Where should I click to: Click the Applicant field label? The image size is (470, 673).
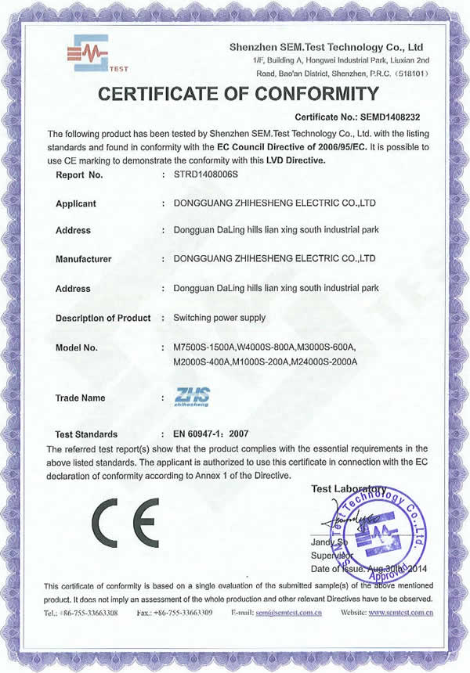pos(76,203)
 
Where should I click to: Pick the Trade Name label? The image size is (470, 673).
pos(80,398)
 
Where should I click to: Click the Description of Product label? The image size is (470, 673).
pos(103,319)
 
